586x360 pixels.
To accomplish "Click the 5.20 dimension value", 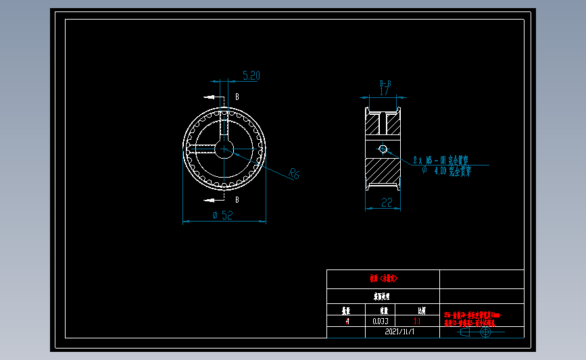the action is pos(251,76).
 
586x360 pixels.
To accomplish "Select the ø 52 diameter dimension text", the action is pos(223,215).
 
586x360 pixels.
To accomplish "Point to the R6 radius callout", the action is pos(293,174).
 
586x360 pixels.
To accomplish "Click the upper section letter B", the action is pos(237,97).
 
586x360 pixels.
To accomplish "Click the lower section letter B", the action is pos(237,200).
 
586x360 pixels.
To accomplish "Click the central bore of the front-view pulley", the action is pos(224,149).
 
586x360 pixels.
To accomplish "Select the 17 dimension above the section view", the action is pos(384,91).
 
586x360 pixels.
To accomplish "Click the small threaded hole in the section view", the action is pos(383,149).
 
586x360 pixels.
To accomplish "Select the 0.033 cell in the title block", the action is pos(381,322).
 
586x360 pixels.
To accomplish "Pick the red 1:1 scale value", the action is pos(422,322).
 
